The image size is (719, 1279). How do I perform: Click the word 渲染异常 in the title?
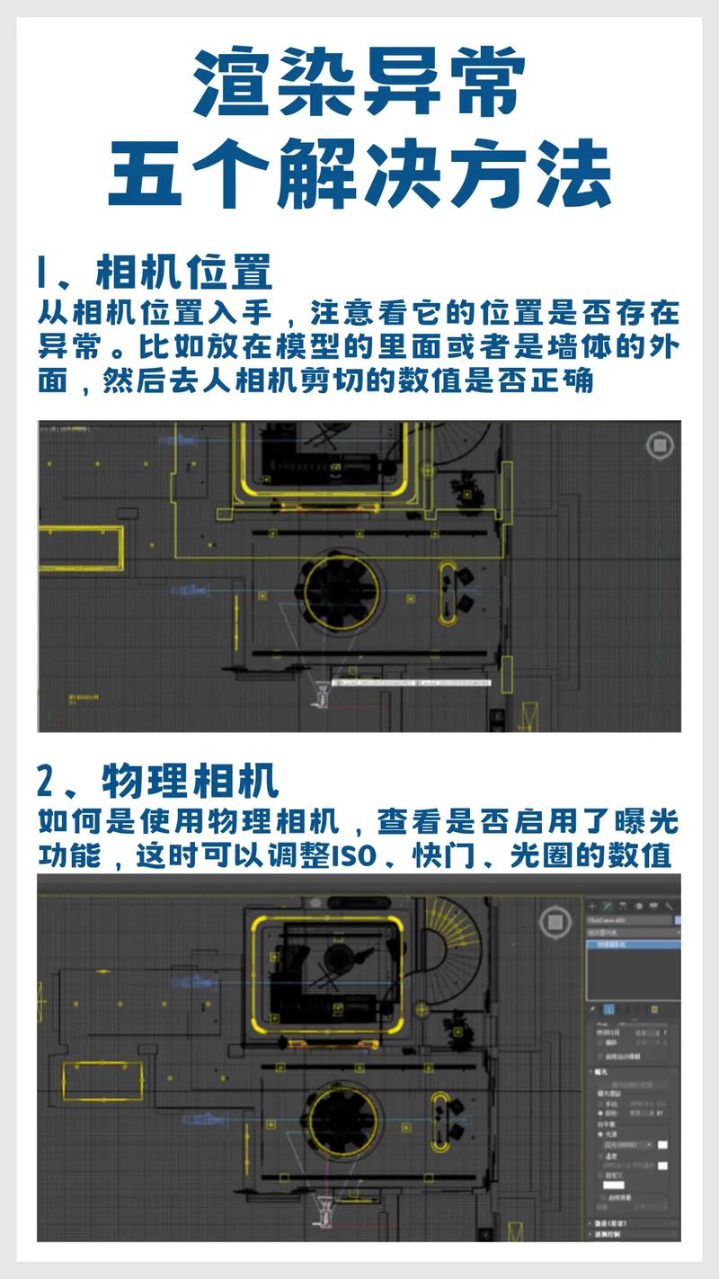tap(359, 83)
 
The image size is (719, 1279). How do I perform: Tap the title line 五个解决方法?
tap(359, 174)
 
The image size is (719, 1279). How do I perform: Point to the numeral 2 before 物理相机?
tap(47, 781)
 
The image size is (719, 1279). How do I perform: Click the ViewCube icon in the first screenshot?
tap(661, 445)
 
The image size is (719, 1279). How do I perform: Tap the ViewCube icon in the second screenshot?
tap(555, 920)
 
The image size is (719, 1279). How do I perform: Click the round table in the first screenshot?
tap(341, 591)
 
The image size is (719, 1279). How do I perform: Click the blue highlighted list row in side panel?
tap(633, 944)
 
